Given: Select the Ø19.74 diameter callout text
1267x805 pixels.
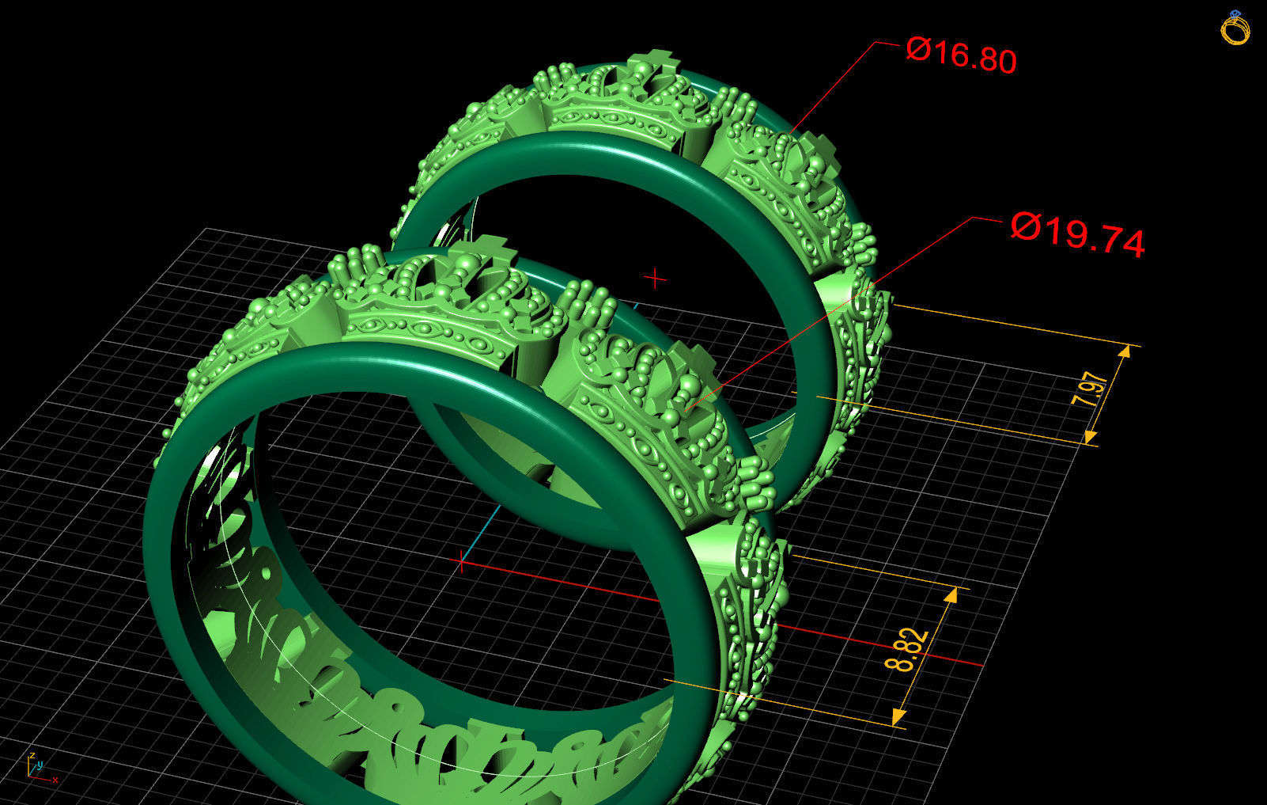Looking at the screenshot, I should click(1078, 234).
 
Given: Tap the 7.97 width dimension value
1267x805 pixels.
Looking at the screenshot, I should click(1092, 389).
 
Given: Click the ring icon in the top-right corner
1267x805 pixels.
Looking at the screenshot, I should click(1235, 28).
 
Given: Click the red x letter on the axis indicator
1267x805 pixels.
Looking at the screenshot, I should click(55, 780).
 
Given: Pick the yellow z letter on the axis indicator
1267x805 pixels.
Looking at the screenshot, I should click(32, 756).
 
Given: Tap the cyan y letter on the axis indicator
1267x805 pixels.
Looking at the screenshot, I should click(40, 765).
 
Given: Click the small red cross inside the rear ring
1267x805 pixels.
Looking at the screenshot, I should click(655, 279).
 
